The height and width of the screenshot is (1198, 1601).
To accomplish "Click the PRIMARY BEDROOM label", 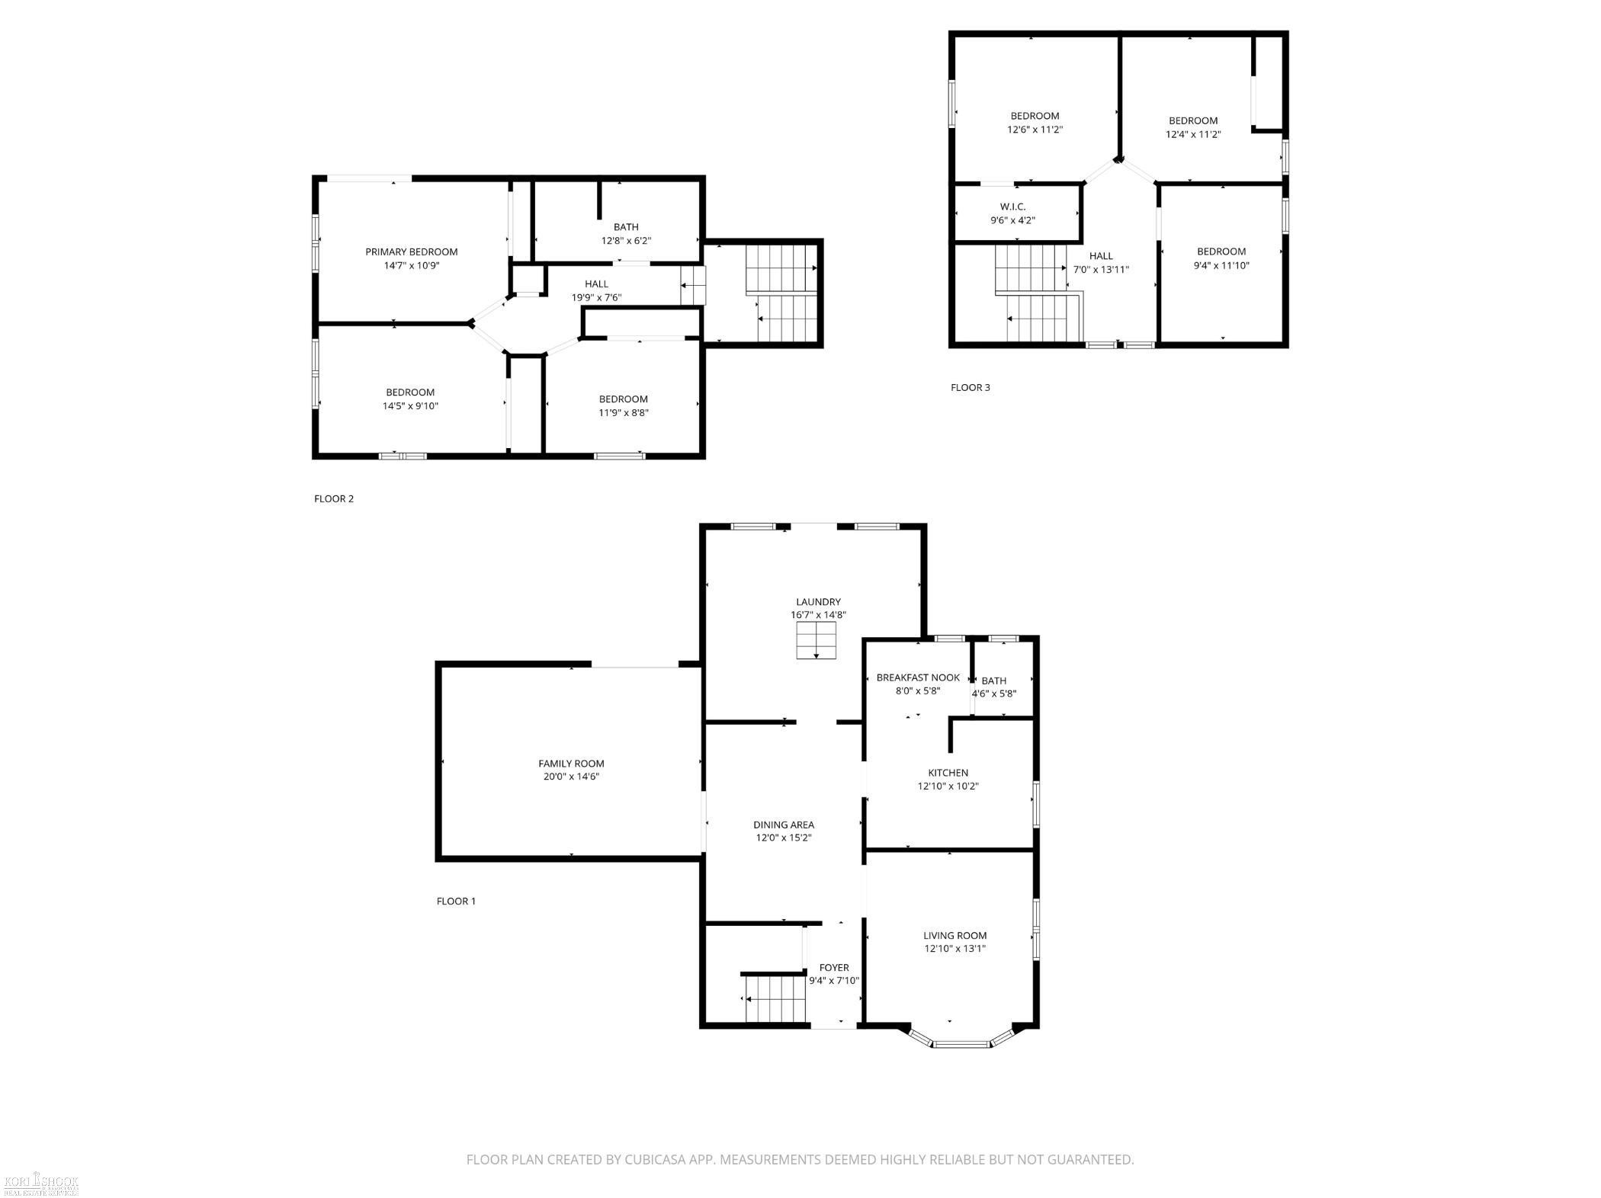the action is (411, 252).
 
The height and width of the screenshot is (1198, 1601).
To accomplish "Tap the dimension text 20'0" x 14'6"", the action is (571, 777).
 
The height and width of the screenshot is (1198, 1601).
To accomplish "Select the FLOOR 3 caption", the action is (970, 388).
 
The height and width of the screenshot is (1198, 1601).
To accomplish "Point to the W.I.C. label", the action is (1012, 207).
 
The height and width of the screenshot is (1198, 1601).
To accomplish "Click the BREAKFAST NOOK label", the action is (918, 677).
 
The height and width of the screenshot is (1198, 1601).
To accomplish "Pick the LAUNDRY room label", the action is (818, 602).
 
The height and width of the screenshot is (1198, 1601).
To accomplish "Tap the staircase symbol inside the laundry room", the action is (817, 640).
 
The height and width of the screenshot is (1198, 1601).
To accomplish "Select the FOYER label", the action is (834, 968).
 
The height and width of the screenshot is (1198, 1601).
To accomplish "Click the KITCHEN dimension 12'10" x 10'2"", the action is (948, 786).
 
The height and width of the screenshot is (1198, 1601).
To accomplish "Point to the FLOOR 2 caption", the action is (334, 499).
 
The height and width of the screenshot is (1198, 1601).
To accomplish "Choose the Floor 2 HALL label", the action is (596, 284).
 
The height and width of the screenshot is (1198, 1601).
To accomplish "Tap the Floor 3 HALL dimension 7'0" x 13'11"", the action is (1101, 270).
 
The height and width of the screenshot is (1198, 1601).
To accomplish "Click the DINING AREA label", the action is (784, 825).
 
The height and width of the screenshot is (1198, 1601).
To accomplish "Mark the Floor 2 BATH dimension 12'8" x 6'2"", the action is (626, 241).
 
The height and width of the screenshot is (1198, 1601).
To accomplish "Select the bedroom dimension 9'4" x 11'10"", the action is (1221, 266).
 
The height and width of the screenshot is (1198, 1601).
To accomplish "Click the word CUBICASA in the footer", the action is (659, 1160).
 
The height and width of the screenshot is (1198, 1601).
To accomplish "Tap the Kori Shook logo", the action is (41, 1183).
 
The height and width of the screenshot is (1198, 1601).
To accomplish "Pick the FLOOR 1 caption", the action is (456, 902).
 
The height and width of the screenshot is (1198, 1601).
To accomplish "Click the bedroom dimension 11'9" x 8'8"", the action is (623, 413).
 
